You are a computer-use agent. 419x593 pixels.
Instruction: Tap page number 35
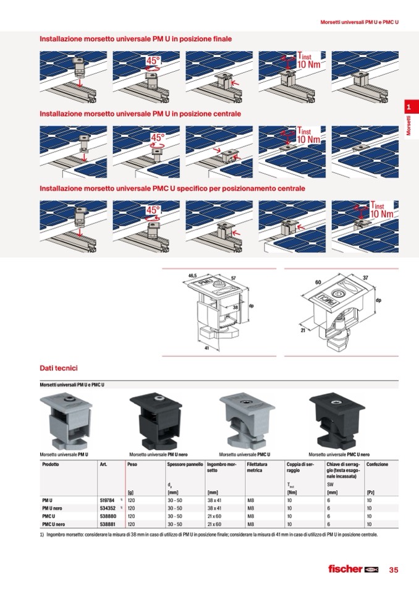tap(394, 570)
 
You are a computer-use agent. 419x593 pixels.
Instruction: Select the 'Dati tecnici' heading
tap(58, 369)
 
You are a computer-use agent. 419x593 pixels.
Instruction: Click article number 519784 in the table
tap(107, 500)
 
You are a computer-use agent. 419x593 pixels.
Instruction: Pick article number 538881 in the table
tap(107, 524)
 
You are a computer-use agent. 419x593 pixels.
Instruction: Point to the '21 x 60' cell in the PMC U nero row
tap(216, 524)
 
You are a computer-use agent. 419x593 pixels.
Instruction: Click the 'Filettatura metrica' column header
tap(257, 467)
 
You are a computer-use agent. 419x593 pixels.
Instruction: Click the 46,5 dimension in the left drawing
tap(192, 276)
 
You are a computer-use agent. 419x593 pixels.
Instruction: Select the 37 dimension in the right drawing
tap(365, 278)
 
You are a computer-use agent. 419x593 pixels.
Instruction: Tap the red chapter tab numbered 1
tap(408, 108)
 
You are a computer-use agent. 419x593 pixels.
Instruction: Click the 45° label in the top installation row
tap(153, 61)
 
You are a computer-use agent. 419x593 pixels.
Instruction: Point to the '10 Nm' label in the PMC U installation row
tap(381, 214)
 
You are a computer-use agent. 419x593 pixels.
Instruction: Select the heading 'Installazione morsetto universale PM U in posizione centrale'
tap(140, 114)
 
